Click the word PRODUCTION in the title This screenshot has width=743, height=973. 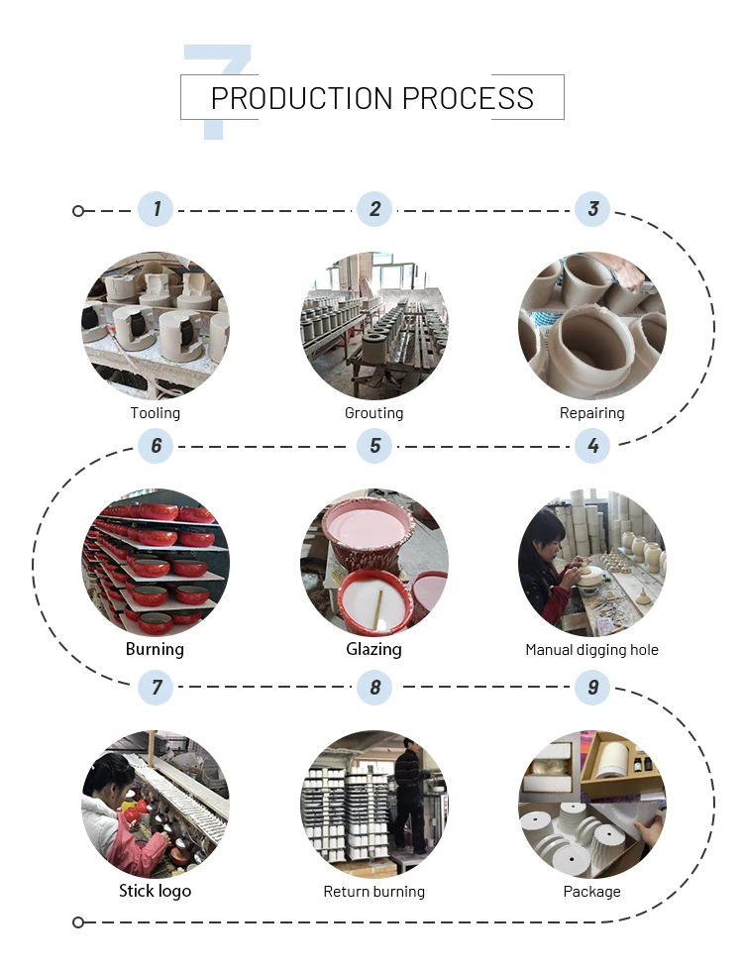pyautogui.click(x=301, y=98)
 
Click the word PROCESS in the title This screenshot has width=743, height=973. pyautogui.click(x=468, y=98)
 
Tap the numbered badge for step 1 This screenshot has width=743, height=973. pyautogui.click(x=156, y=209)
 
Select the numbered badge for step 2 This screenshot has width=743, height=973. pyautogui.click(x=374, y=209)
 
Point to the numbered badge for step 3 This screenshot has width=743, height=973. pyautogui.click(x=592, y=209)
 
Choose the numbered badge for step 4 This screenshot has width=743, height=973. pyautogui.click(x=592, y=446)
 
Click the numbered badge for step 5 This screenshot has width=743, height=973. pyautogui.click(x=374, y=446)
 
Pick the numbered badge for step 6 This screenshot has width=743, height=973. pyautogui.click(x=156, y=446)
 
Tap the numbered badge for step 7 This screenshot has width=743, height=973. pyautogui.click(x=156, y=687)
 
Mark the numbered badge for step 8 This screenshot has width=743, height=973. pyautogui.click(x=374, y=687)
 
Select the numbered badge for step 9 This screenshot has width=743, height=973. pyautogui.click(x=592, y=687)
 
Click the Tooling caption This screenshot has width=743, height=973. pyautogui.click(x=156, y=413)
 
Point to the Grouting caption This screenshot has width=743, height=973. pyautogui.click(x=374, y=413)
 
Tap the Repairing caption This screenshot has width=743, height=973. pyautogui.click(x=592, y=413)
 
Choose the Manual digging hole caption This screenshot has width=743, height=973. pyautogui.click(x=592, y=650)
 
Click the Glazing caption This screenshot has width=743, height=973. pyautogui.click(x=374, y=650)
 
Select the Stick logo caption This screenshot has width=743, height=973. pyautogui.click(x=156, y=891)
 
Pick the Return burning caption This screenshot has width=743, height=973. pyautogui.click(x=374, y=892)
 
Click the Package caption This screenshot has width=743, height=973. pyautogui.click(x=592, y=892)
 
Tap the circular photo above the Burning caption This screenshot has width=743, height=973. pyautogui.click(x=156, y=563)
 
